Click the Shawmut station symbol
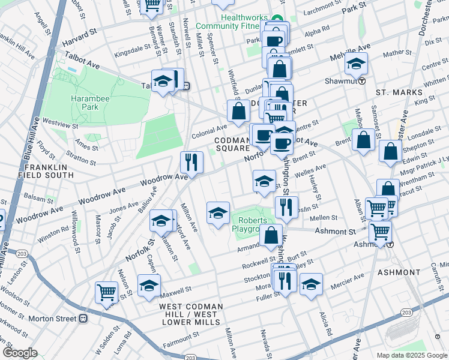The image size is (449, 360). point(362,82)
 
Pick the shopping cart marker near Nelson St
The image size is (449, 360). point(106,293)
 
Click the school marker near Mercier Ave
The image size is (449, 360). point(311,284)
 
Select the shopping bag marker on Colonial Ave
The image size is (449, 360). point(238,111)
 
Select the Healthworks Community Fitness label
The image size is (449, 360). point(252,22)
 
